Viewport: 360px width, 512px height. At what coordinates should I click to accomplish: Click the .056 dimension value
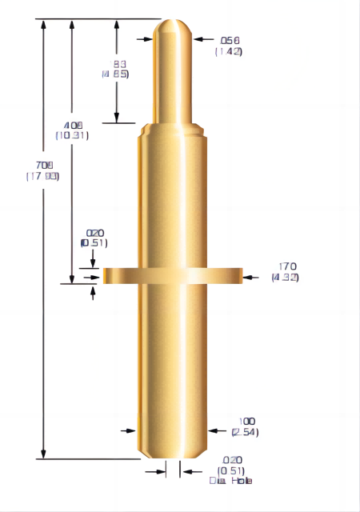[230, 41]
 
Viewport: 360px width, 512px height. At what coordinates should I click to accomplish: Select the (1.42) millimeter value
[229, 51]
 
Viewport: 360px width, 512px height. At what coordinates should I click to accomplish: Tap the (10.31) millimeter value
[72, 135]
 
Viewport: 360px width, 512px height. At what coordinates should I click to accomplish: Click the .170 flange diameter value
[287, 266]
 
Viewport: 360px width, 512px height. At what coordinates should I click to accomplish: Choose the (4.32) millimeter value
[286, 278]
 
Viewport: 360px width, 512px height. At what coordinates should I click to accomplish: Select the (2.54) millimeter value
[244, 432]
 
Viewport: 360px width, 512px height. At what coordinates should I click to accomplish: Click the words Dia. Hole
[230, 480]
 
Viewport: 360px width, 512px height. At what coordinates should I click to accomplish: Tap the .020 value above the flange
[95, 233]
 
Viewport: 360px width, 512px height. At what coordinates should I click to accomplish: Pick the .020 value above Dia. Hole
[231, 460]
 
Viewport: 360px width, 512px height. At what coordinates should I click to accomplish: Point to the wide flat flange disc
[172, 275]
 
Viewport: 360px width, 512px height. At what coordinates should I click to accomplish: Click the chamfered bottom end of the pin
[172, 454]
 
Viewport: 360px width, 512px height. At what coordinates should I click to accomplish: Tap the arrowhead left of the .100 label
[213, 430]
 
